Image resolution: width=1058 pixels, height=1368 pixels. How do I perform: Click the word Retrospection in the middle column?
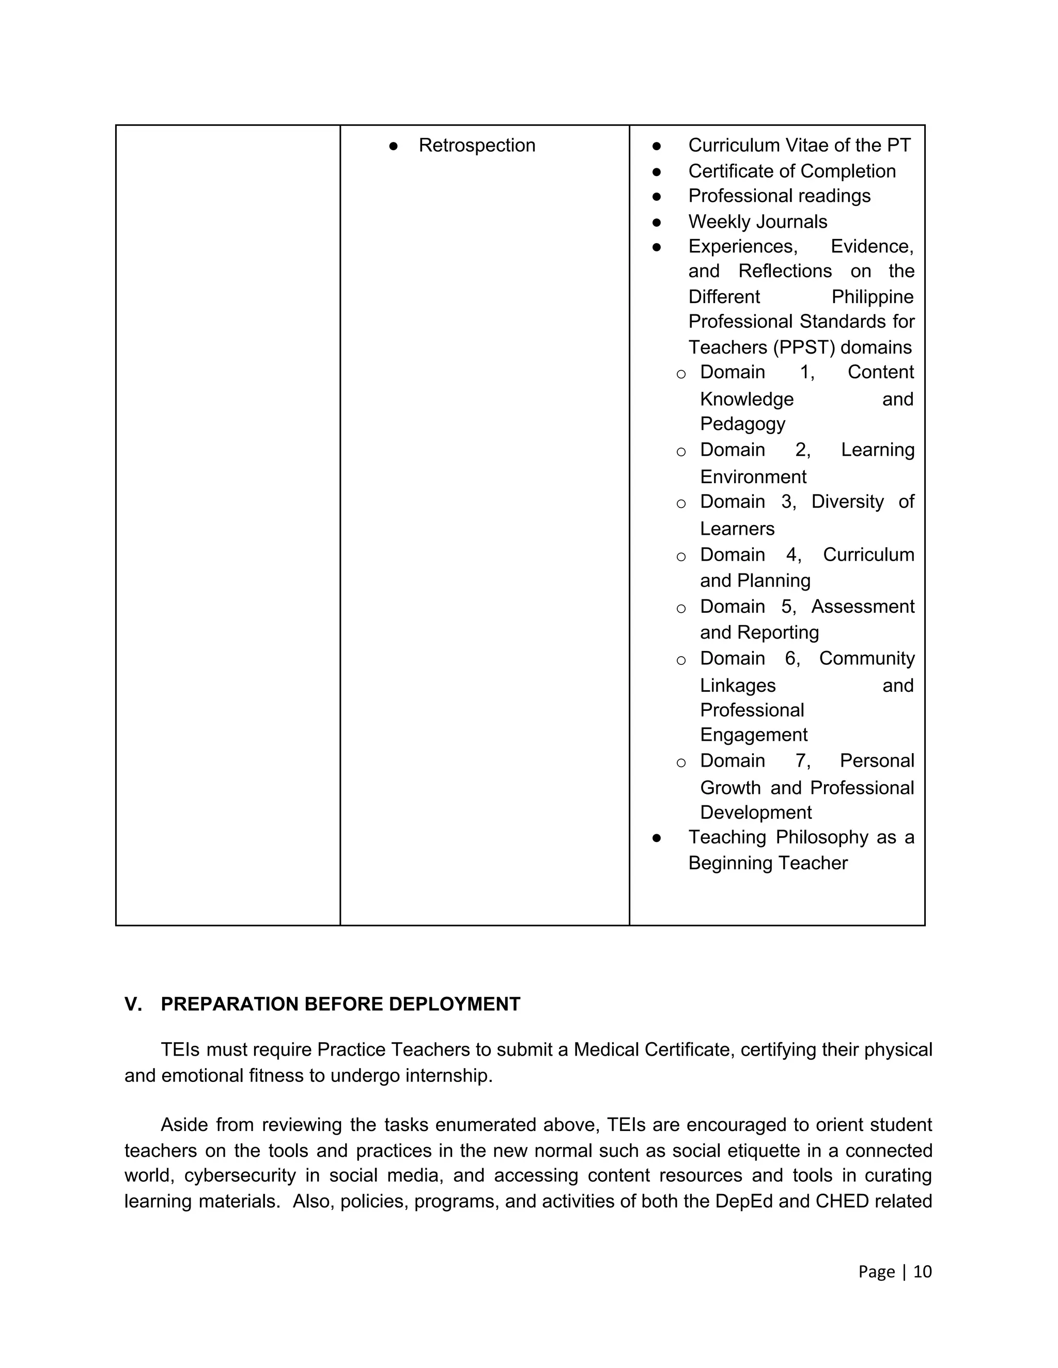point(476,146)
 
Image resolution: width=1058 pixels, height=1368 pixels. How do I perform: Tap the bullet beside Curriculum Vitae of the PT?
point(656,146)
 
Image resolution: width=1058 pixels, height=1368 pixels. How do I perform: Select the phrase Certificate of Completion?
point(791,171)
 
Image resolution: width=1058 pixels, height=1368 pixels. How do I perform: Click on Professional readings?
point(779,196)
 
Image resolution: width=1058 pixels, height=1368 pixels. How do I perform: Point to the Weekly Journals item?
point(757,222)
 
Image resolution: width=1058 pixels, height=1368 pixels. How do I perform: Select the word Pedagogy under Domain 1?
point(742,424)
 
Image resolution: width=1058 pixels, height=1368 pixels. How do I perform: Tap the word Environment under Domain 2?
point(753,476)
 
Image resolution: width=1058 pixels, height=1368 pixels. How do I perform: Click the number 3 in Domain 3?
point(787,502)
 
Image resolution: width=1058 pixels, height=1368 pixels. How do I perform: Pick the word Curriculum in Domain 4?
point(868,555)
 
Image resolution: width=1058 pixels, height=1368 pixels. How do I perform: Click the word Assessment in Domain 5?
point(862,607)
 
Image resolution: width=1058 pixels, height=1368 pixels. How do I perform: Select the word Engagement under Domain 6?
point(753,735)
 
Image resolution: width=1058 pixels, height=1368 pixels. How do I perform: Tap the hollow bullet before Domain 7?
point(681,762)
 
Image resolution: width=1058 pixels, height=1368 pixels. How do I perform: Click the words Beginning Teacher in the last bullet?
point(767,863)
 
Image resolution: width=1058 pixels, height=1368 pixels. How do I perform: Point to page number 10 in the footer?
point(922,1271)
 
